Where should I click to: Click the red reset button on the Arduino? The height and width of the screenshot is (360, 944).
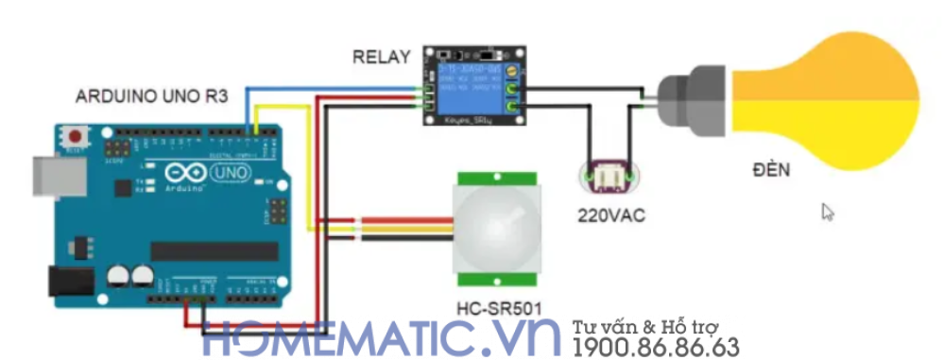(x=74, y=136)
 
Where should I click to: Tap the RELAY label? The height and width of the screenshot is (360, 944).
(x=382, y=57)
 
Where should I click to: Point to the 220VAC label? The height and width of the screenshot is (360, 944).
(x=609, y=215)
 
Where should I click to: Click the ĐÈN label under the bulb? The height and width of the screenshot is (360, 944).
(x=772, y=171)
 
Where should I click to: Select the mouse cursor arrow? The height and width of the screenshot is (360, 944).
(x=827, y=211)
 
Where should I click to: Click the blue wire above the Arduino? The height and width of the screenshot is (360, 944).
(x=331, y=87)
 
